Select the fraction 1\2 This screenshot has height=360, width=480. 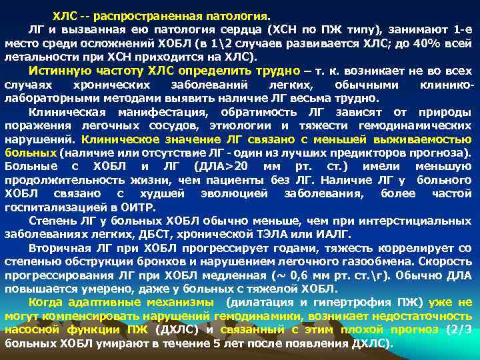(x=260, y=44)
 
